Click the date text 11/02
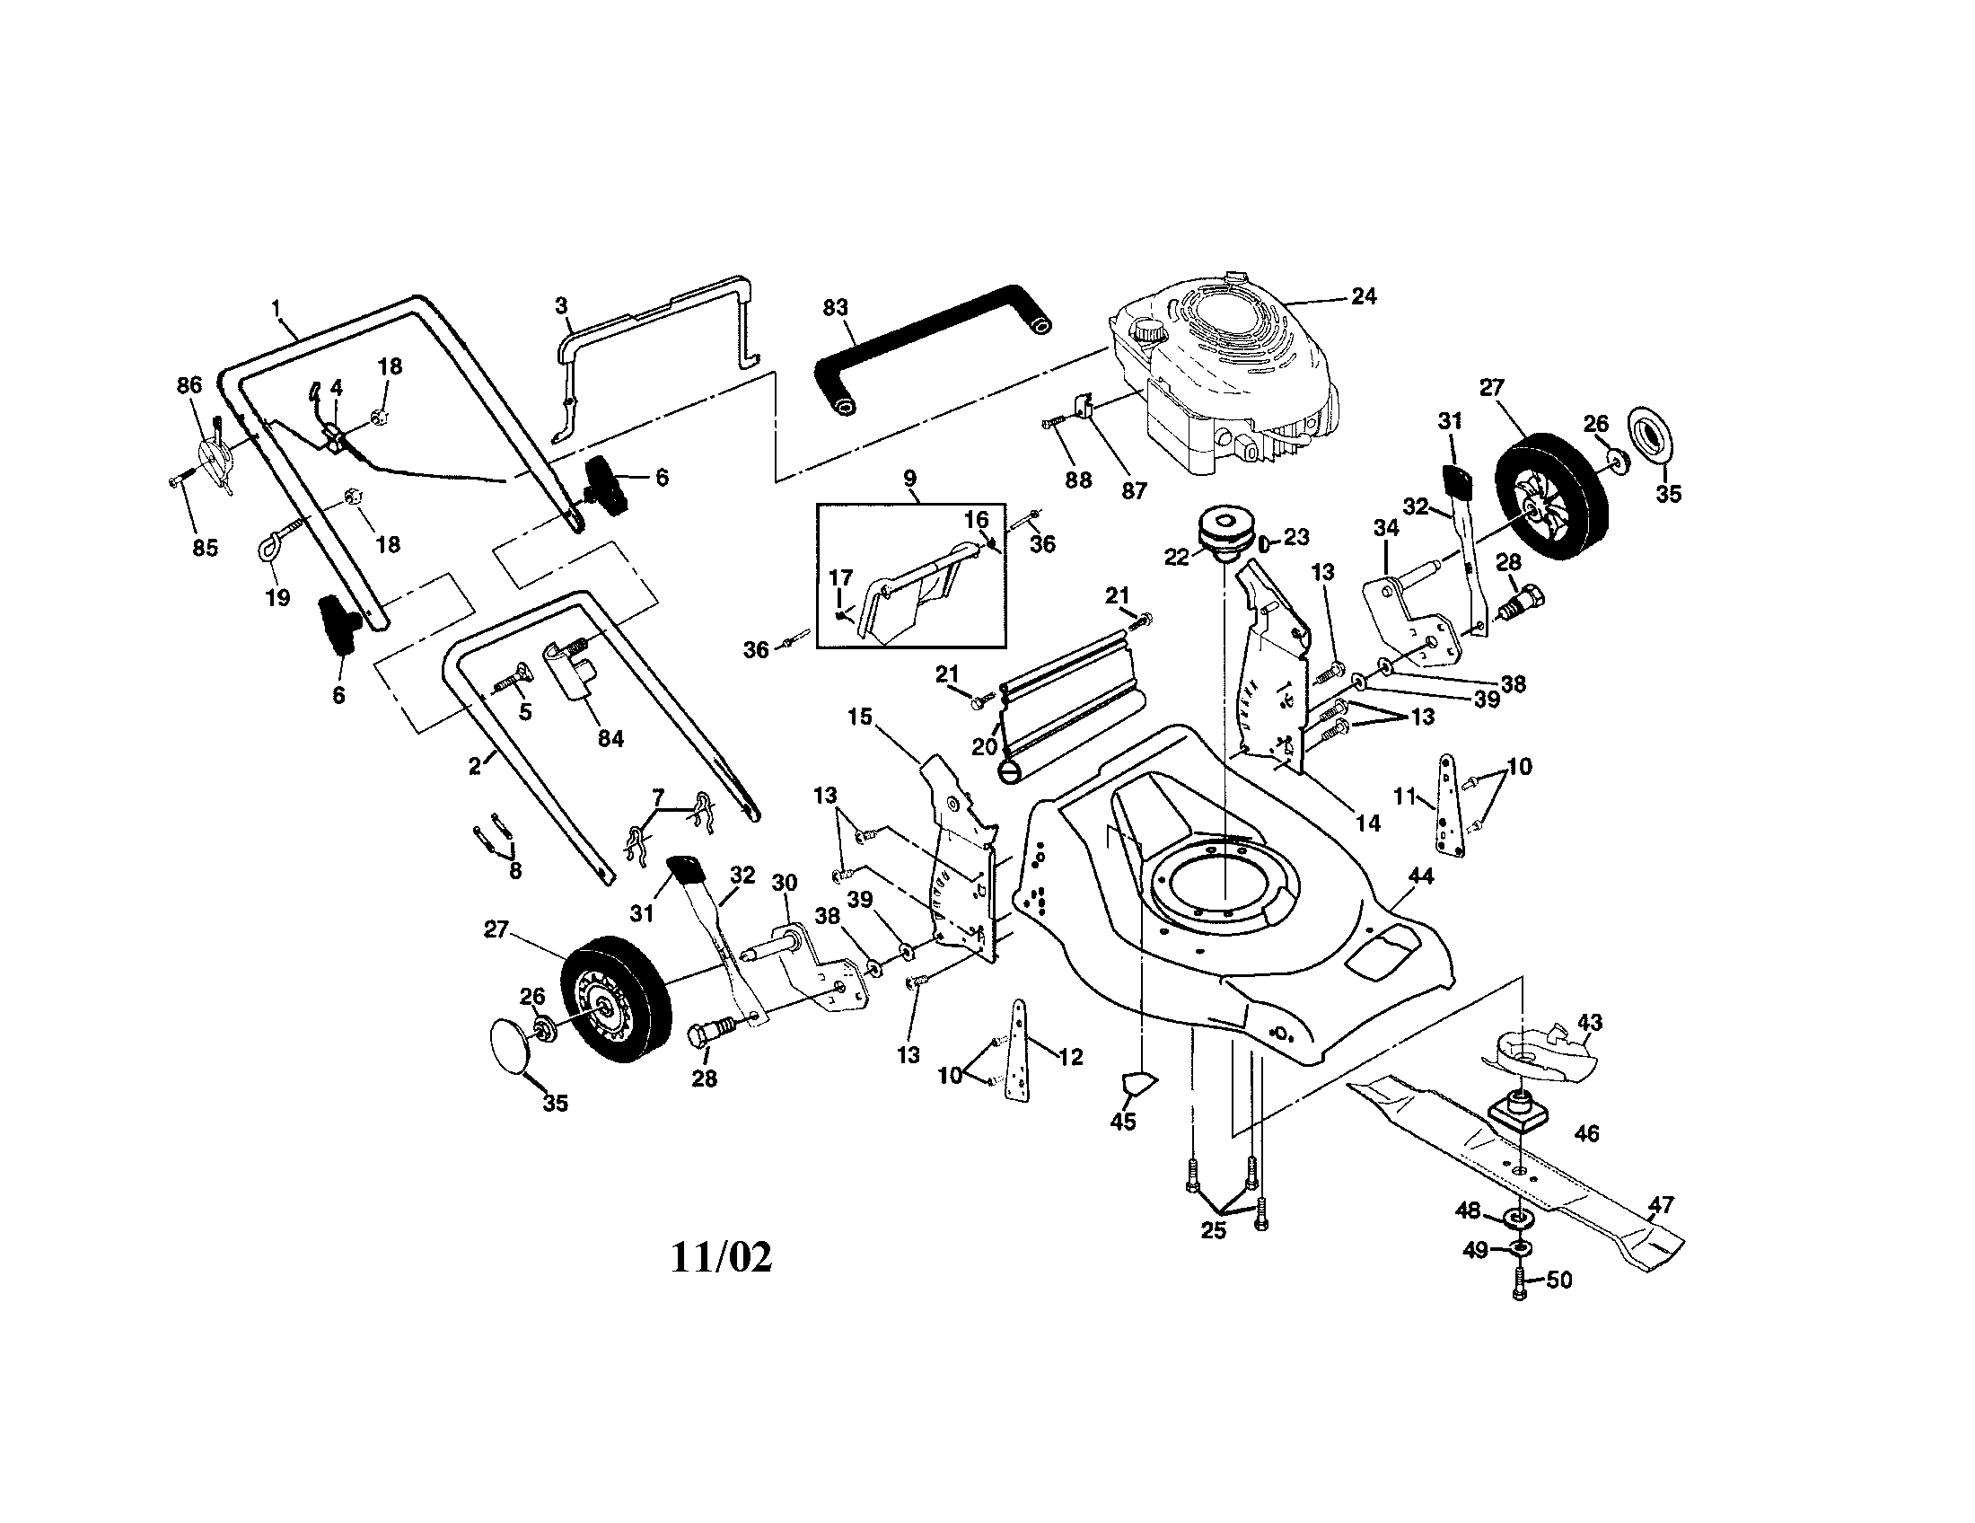pos(721,1258)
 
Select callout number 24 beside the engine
pos(1363,295)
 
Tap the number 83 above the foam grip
pos(835,306)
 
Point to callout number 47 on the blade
pos(1661,1203)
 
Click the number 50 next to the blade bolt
pos(1559,1280)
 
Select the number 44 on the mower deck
pos(1421,876)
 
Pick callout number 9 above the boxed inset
pos(909,477)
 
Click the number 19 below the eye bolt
pos(277,597)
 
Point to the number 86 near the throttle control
pos(189,386)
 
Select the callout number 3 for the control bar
pos(562,304)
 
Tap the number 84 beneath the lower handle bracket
pos(611,738)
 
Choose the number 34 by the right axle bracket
pos(1385,527)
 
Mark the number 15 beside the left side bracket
pos(859,717)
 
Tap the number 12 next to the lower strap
pos(1070,1056)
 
